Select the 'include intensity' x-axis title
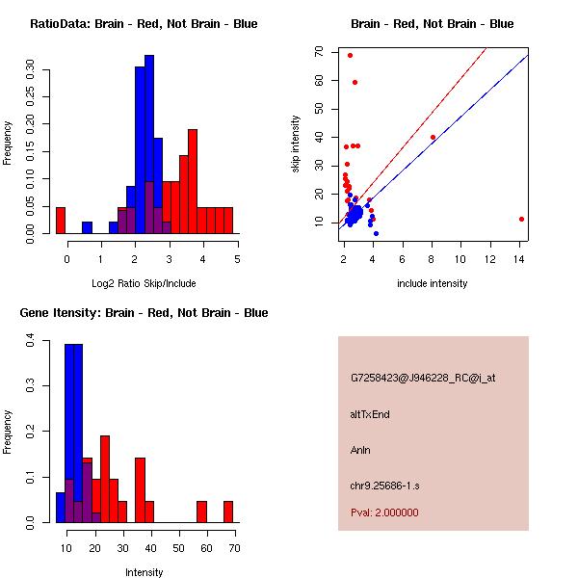[x=433, y=283]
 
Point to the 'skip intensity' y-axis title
[x=297, y=144]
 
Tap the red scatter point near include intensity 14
[x=521, y=219]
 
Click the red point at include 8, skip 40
[x=433, y=137]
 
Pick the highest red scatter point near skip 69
[x=350, y=55]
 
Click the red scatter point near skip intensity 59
[x=355, y=82]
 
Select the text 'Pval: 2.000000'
[x=384, y=512]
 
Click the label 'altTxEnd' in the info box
[x=370, y=414]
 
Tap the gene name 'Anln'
[x=360, y=449]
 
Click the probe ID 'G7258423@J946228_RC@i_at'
[x=423, y=379]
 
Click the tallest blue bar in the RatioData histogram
[x=149, y=144]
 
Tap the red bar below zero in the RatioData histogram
[x=61, y=221]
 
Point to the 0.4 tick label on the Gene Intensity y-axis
[x=33, y=341]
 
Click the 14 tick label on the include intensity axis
[x=521, y=258]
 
